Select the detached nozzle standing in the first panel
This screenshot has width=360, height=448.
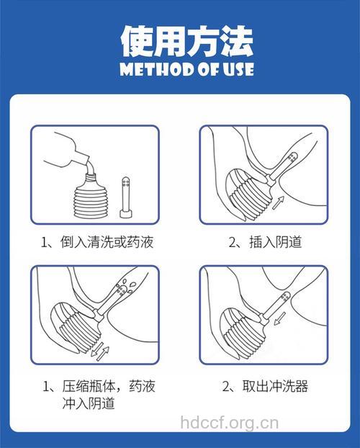point(127,195)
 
